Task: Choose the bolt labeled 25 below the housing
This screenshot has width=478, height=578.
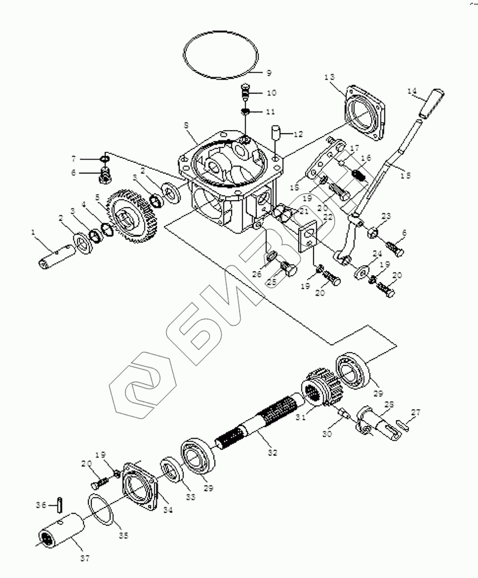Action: tap(288, 269)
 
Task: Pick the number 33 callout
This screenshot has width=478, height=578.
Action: tap(190, 497)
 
